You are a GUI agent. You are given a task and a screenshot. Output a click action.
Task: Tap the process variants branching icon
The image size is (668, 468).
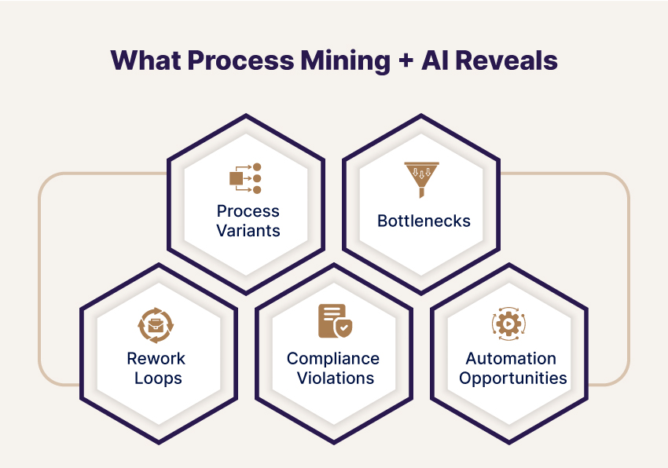click(x=245, y=178)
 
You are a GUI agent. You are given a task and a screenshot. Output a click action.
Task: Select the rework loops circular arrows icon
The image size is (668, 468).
click(x=156, y=325)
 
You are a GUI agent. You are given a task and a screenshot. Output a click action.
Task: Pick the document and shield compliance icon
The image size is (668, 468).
click(x=332, y=321)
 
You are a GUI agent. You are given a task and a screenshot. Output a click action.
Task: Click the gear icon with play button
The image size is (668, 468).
click(x=508, y=324)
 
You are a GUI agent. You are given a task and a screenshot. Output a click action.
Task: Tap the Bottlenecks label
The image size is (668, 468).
click(x=424, y=221)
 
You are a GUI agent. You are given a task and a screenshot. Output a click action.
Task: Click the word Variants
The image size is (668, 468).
click(x=248, y=231)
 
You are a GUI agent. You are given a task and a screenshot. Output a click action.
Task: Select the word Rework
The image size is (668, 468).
click(x=156, y=359)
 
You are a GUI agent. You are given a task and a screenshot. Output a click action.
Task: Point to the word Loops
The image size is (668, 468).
click(x=158, y=378)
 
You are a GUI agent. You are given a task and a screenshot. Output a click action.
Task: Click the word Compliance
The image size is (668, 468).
click(x=332, y=359)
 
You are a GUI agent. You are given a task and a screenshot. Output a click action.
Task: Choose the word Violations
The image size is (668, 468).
click(x=332, y=378)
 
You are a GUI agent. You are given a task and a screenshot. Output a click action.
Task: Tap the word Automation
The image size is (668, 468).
click(x=511, y=359)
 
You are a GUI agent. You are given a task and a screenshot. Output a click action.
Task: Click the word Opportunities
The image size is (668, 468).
click(x=513, y=378)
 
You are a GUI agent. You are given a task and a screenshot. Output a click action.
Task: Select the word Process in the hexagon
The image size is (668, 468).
click(x=248, y=211)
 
